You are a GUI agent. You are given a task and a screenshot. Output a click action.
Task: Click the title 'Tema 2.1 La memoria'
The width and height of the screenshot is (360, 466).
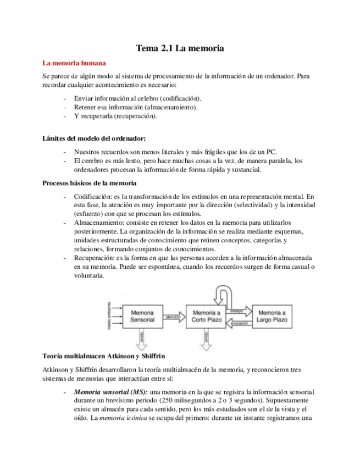click(180, 49)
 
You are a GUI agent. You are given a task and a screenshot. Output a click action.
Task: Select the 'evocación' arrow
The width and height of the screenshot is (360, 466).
click(237, 323)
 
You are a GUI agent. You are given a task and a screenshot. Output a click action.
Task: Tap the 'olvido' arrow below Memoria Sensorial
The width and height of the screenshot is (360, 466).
click(143, 336)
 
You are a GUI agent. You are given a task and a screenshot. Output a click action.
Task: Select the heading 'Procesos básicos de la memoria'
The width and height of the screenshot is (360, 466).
click(90, 183)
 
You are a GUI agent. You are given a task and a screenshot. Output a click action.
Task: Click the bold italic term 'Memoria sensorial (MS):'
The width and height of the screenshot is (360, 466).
click(109, 392)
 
